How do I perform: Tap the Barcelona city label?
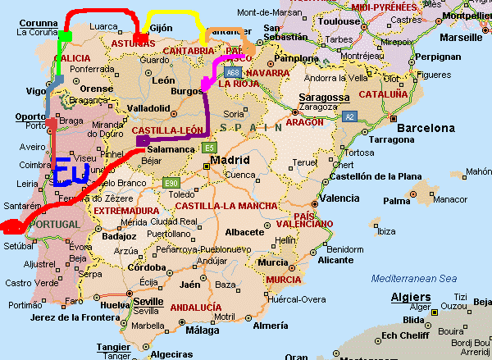[x=426, y=128]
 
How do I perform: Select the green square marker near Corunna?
[x=65, y=37]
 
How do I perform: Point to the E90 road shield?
[x=171, y=182]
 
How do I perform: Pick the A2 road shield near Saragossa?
[x=348, y=116]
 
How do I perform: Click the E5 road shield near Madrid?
[x=209, y=148]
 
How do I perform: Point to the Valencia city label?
[x=339, y=198]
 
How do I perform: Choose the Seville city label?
[x=148, y=300]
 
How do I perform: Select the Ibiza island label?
[x=385, y=232]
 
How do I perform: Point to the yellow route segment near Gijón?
[x=172, y=15]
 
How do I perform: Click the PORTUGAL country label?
[x=55, y=224]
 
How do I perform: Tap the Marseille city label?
[x=461, y=37]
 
